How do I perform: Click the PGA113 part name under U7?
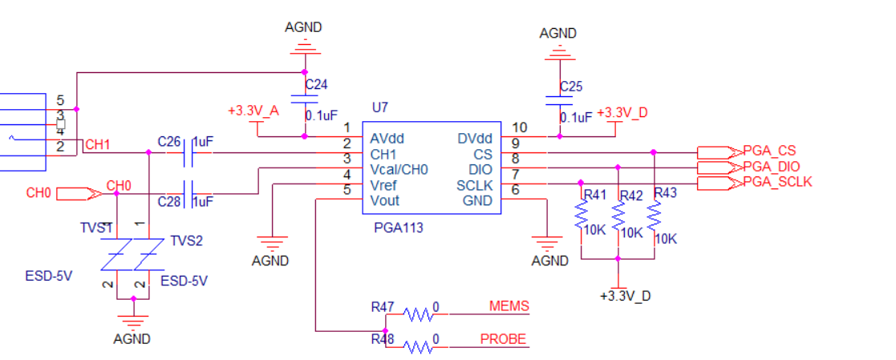pyautogui.click(x=399, y=228)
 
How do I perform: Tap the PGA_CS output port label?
pyautogui.click(x=769, y=151)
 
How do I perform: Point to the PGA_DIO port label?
pyautogui.click(x=772, y=167)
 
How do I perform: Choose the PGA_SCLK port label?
pyautogui.click(x=777, y=182)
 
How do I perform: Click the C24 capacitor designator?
pyautogui.click(x=316, y=83)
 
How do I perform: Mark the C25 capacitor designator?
pyautogui.click(x=572, y=86)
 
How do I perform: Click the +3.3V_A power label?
pyautogui.click(x=253, y=111)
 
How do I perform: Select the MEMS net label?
pyautogui.click(x=509, y=307)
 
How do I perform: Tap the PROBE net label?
pyautogui.click(x=503, y=339)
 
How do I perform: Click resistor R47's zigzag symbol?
pyautogui.click(x=419, y=313)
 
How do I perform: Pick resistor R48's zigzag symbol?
pyautogui.click(x=419, y=346)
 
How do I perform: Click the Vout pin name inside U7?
pyautogui.click(x=385, y=200)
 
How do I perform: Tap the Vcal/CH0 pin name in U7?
pyautogui.click(x=399, y=170)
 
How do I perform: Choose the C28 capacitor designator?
pyautogui.click(x=170, y=201)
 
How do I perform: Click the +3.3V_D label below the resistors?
pyautogui.click(x=625, y=296)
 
